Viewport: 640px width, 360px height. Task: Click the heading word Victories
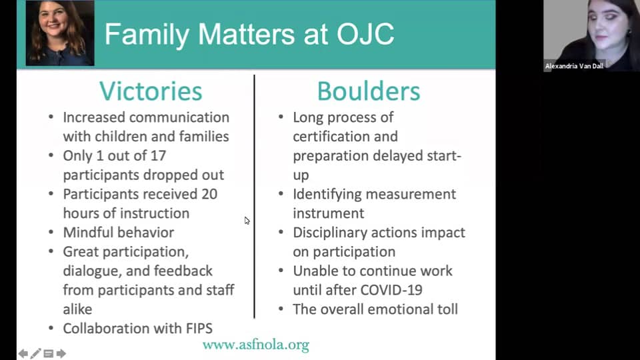[151, 91]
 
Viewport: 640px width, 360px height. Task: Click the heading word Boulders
[369, 91]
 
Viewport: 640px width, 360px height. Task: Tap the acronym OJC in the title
[365, 34]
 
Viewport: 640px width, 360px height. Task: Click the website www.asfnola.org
[256, 345]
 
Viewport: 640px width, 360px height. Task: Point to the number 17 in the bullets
[158, 155]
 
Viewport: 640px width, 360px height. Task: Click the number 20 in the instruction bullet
[209, 194]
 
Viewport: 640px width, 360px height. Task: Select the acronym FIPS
[199, 328]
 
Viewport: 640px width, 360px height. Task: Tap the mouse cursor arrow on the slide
[247, 221]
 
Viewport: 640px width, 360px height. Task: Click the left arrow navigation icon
[23, 353]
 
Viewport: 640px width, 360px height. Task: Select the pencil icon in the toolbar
[35, 353]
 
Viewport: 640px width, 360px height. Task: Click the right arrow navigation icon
[61, 353]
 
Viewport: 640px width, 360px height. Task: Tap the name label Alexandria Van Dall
[574, 66]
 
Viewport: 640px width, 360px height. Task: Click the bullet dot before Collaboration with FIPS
[51, 328]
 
